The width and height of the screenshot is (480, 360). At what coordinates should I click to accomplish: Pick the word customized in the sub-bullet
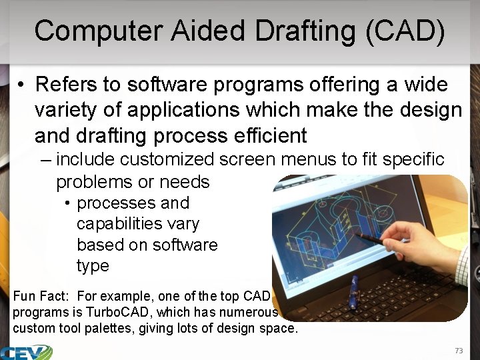click(168, 159)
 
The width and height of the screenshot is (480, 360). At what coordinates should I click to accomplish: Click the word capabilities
click(138, 223)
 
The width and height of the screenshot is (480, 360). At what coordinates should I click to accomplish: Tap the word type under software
click(93, 265)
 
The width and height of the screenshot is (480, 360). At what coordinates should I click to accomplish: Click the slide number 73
click(458, 351)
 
